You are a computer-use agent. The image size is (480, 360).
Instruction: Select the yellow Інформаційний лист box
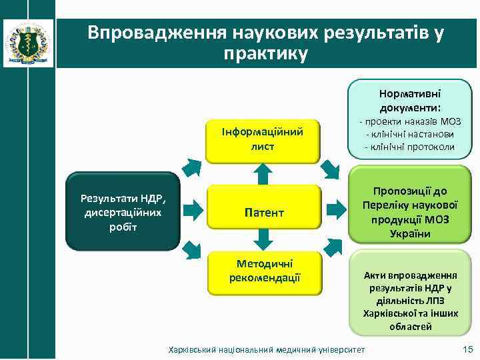tap(263, 139)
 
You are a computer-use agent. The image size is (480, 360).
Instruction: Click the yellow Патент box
tap(263, 213)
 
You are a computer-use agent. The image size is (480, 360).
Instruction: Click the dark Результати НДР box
tap(123, 212)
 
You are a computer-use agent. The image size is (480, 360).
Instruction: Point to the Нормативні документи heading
tap(410, 100)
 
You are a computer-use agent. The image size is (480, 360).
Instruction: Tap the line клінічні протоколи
tap(410, 147)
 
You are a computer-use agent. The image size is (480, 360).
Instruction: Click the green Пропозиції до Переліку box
tap(410, 212)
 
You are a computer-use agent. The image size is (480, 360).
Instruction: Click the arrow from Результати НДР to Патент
tap(193, 212)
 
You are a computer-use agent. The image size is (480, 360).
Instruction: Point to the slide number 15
tap(467, 350)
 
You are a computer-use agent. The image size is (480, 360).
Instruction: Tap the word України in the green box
tap(410, 234)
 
